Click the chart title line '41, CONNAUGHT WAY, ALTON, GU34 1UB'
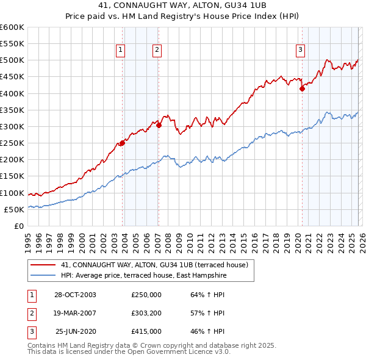(182, 5)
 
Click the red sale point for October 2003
(122, 143)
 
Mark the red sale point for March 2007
(159, 125)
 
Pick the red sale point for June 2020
(302, 88)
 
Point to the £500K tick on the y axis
(12, 60)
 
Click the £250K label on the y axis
(12, 143)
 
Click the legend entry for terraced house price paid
(154, 265)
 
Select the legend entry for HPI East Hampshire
(144, 276)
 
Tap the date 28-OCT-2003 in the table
(75, 295)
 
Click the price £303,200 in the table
(146, 313)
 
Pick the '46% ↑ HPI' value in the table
(207, 331)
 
